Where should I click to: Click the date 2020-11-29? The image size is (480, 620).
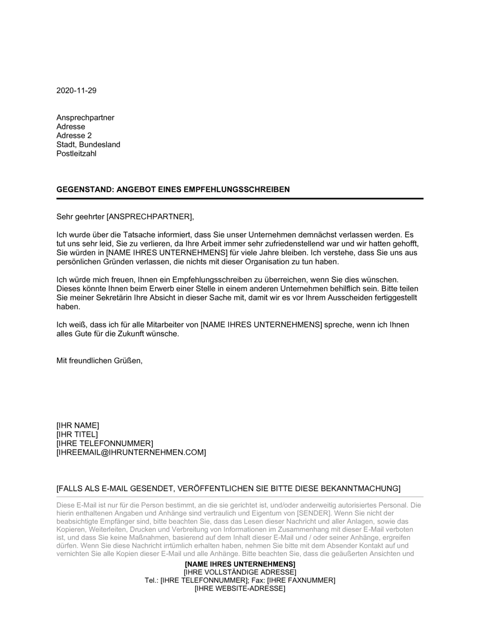(76, 90)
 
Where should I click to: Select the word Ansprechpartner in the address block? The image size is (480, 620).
(85, 118)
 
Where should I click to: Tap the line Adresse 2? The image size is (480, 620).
(74, 136)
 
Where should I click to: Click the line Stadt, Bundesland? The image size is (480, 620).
(88, 145)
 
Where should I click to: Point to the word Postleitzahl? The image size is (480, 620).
(76, 154)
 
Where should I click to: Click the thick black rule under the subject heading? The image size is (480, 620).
(240, 198)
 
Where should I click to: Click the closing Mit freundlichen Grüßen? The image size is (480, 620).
(99, 361)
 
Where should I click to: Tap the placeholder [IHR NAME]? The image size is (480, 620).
(78, 425)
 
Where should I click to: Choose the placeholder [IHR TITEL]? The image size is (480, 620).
(77, 434)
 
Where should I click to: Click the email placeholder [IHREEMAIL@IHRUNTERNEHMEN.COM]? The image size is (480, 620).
(131, 453)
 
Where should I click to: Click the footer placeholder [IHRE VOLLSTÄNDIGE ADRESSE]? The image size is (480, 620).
(240, 572)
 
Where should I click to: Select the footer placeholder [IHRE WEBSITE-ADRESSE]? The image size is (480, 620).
(240, 588)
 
